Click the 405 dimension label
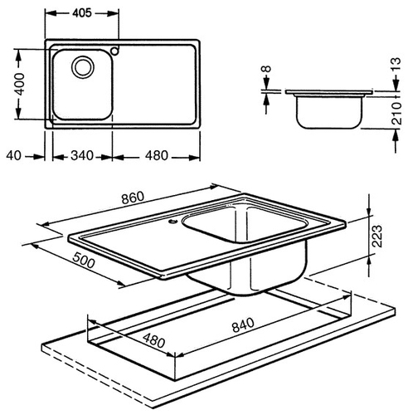82,12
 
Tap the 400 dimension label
19,84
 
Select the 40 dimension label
13,156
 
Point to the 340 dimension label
82,156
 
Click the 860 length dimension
133,198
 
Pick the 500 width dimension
84,261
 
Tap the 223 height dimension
376,236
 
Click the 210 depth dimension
397,113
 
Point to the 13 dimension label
396,65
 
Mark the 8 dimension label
267,69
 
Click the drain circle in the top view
83,67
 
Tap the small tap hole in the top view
114,51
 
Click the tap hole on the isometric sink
172,221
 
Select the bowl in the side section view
328,111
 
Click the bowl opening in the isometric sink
246,223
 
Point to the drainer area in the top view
155,84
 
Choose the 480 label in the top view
157,156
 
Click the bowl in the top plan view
83,85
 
